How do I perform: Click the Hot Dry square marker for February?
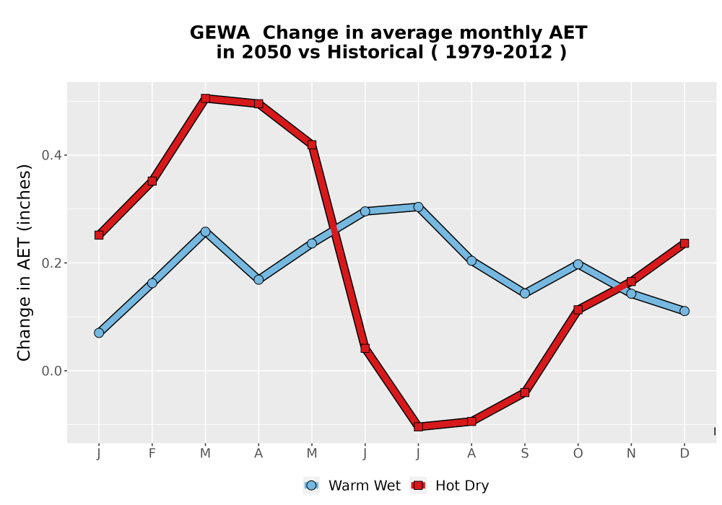(152, 181)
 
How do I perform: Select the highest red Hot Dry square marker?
(205, 98)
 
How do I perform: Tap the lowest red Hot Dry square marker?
(418, 427)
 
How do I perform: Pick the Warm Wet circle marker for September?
(524, 294)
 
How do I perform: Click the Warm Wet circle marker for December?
(684, 311)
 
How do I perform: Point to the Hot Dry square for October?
(578, 310)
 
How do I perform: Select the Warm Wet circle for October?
(578, 264)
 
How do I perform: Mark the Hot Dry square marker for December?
(684, 243)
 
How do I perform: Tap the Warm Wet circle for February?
(152, 284)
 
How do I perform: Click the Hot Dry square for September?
(524, 392)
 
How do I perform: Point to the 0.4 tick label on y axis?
(51, 155)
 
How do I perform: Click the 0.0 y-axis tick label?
(51, 371)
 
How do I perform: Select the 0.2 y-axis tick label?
(51, 263)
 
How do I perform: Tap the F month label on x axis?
(152, 454)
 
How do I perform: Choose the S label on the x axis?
(524, 454)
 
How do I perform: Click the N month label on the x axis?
(631, 454)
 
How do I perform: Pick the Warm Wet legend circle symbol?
(311, 486)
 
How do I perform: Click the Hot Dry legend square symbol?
(418, 486)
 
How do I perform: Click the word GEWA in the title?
(219, 33)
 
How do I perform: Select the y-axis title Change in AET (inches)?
(24, 263)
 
